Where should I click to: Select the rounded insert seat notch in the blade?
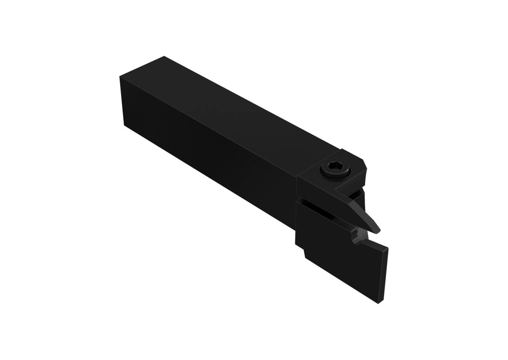tap(355, 234)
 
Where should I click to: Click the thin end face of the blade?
tap(384, 275)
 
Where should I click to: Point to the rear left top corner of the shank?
tap(121, 77)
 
